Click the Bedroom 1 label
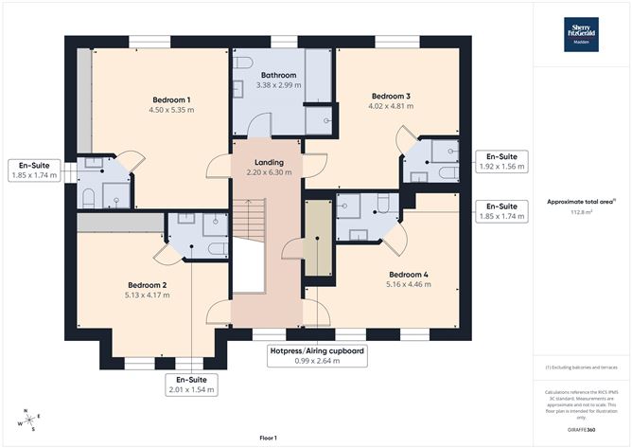(171, 99)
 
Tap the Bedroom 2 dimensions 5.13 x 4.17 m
(147, 296)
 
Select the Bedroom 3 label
(390, 96)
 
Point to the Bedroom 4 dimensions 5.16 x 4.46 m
(407, 284)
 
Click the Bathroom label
(278, 75)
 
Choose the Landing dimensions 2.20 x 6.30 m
(264, 173)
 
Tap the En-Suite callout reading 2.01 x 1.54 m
(191, 384)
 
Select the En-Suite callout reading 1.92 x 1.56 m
(501, 160)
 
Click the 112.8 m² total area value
(581, 213)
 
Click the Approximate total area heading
(581, 201)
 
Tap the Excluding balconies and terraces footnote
(581, 367)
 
